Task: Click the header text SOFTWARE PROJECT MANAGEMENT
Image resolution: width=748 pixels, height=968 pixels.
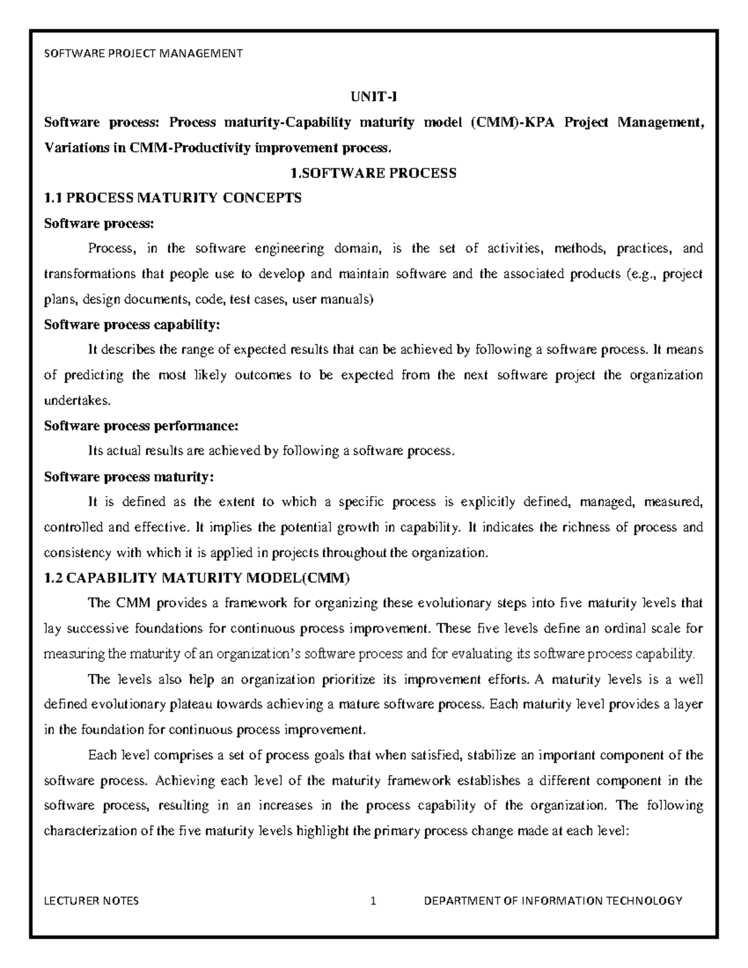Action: tap(143, 53)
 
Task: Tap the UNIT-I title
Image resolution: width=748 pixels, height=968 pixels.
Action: tap(373, 97)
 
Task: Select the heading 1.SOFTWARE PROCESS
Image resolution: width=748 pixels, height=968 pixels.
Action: tap(373, 173)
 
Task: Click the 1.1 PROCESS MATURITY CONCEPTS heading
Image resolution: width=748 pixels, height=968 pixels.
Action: tap(173, 198)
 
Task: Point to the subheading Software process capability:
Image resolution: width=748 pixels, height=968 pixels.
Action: tap(132, 325)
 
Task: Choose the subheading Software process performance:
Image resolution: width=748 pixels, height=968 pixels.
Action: tap(141, 426)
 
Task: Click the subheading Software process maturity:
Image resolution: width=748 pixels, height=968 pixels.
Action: tap(128, 477)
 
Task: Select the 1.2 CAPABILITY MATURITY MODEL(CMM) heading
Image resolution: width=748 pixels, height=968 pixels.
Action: tap(197, 578)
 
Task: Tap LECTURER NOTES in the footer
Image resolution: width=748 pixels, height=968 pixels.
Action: tap(92, 901)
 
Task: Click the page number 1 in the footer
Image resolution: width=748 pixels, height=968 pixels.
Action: tap(373, 901)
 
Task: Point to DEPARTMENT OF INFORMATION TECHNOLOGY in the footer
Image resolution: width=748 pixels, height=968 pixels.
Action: tap(553, 901)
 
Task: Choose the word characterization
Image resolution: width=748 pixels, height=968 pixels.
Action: tap(84, 831)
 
